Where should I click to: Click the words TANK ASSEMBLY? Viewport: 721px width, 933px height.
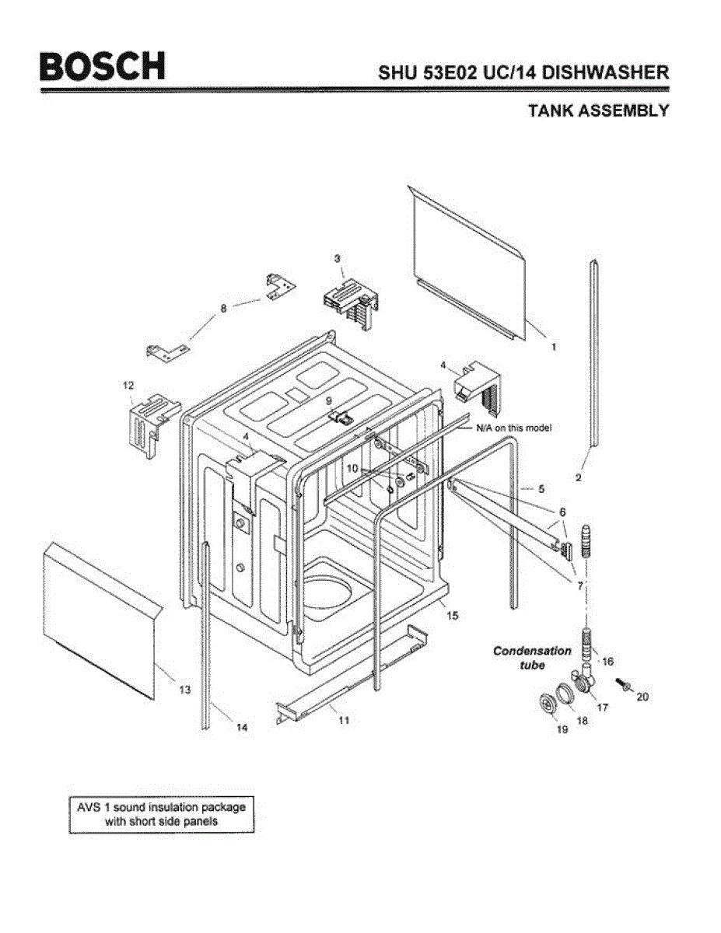597,110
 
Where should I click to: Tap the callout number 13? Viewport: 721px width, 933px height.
184,689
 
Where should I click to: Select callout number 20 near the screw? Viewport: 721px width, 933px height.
642,697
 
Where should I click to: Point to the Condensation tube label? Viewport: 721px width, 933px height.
532,658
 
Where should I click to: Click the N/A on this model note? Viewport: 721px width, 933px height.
513,428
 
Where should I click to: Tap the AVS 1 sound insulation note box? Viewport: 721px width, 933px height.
162,814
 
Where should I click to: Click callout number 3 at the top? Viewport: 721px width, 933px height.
338,257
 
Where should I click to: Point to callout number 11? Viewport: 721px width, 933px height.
343,720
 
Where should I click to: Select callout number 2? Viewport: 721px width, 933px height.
578,477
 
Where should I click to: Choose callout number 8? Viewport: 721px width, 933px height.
224,308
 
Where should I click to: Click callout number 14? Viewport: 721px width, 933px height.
242,727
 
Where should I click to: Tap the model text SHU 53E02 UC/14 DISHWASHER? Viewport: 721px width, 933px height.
523,72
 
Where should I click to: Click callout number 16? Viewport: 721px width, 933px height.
607,662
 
